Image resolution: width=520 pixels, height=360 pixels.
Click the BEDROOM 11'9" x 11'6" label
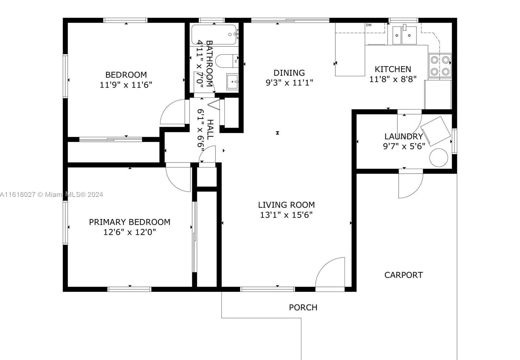click(126, 80)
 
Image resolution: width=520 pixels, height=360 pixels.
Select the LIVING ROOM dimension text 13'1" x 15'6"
click(286, 215)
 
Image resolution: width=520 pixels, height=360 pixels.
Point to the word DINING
click(289, 73)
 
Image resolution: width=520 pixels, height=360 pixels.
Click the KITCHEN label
click(393, 69)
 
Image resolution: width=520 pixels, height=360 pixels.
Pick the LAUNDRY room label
click(404, 137)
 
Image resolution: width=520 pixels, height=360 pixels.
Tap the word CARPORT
click(403, 275)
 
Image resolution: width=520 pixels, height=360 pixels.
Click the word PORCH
click(303, 307)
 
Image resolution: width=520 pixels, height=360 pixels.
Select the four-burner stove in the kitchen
click(440, 66)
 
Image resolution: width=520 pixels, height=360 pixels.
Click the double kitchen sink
click(405, 35)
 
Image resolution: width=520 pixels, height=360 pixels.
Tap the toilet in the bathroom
click(227, 61)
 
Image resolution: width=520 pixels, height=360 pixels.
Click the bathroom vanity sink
click(232, 81)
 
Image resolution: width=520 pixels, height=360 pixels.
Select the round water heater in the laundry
click(438, 158)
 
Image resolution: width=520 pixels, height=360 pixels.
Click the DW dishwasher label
click(369, 25)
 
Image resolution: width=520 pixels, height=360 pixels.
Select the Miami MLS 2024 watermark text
click(51, 195)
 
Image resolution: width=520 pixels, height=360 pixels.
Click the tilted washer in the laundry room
click(435, 131)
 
